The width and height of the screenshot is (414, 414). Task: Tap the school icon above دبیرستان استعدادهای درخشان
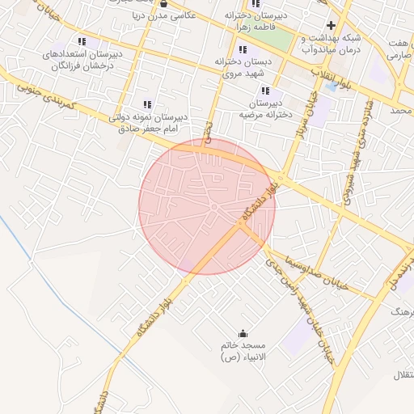coord(81,41)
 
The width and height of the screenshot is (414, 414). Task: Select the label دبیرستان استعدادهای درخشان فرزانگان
coord(83,60)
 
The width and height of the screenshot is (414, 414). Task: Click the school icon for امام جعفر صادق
coord(147,104)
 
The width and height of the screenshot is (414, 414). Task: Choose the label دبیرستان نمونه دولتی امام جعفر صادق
coord(148,122)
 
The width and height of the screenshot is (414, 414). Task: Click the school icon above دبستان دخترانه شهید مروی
coord(243,50)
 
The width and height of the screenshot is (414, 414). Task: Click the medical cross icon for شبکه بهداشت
coord(331,25)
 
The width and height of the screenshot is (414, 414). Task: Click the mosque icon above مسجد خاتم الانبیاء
coord(243,333)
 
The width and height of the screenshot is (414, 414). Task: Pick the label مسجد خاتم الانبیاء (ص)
coord(248,351)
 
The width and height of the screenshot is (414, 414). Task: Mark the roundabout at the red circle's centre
coord(211,208)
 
